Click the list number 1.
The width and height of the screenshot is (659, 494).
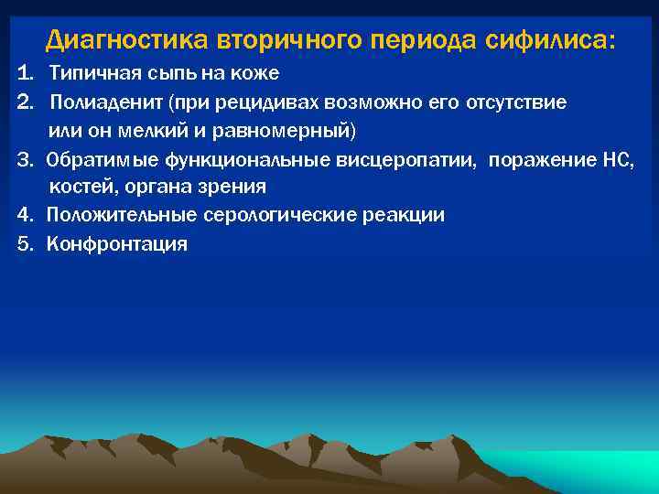(x=23, y=72)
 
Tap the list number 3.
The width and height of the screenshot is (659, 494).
(x=23, y=160)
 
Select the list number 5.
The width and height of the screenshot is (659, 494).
(x=23, y=243)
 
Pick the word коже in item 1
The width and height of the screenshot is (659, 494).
(x=254, y=72)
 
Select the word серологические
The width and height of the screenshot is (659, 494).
(x=274, y=216)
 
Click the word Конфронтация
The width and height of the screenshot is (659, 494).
(x=117, y=243)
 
